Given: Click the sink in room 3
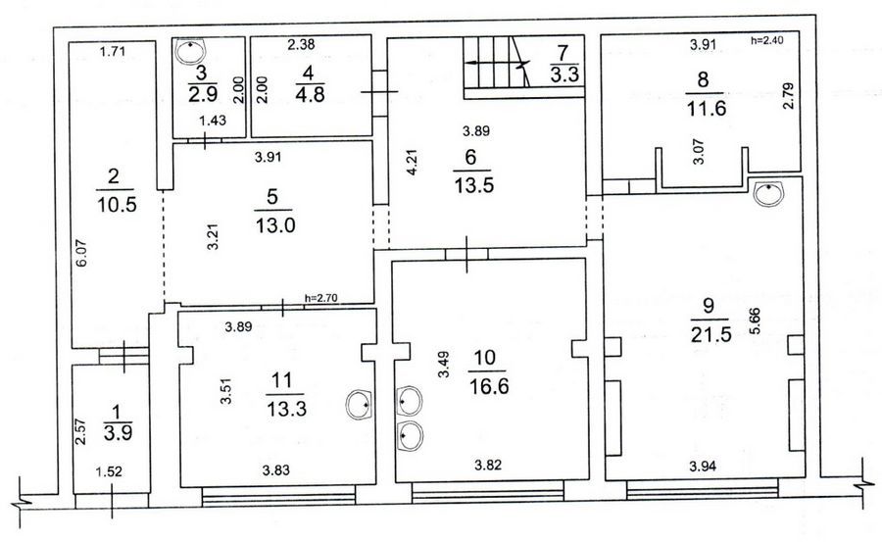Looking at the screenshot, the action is [x=191, y=51].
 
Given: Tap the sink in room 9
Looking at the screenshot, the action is [x=768, y=194].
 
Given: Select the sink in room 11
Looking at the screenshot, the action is [x=359, y=405].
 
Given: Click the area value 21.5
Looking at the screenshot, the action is [x=711, y=334].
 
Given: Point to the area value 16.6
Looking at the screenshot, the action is [x=488, y=386].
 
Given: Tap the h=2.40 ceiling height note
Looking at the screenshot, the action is [x=766, y=40].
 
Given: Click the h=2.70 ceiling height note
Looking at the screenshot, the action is [x=320, y=298].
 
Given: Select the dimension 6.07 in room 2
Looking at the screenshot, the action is [x=82, y=253].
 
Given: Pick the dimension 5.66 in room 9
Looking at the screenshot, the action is [x=755, y=320].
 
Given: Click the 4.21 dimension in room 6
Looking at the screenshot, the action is [x=412, y=162].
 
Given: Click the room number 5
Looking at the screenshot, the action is [x=272, y=196].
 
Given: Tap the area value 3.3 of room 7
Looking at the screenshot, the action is [x=564, y=74].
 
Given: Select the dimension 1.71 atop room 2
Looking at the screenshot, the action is [x=112, y=52].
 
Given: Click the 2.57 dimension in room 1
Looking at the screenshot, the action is [x=80, y=431].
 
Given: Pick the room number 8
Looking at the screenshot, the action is [x=703, y=79].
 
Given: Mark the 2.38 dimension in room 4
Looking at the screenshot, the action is [x=301, y=44].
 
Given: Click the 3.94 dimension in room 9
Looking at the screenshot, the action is [x=703, y=466].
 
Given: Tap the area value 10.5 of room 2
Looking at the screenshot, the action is [x=117, y=204].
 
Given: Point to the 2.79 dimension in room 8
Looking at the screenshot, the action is [x=788, y=96].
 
